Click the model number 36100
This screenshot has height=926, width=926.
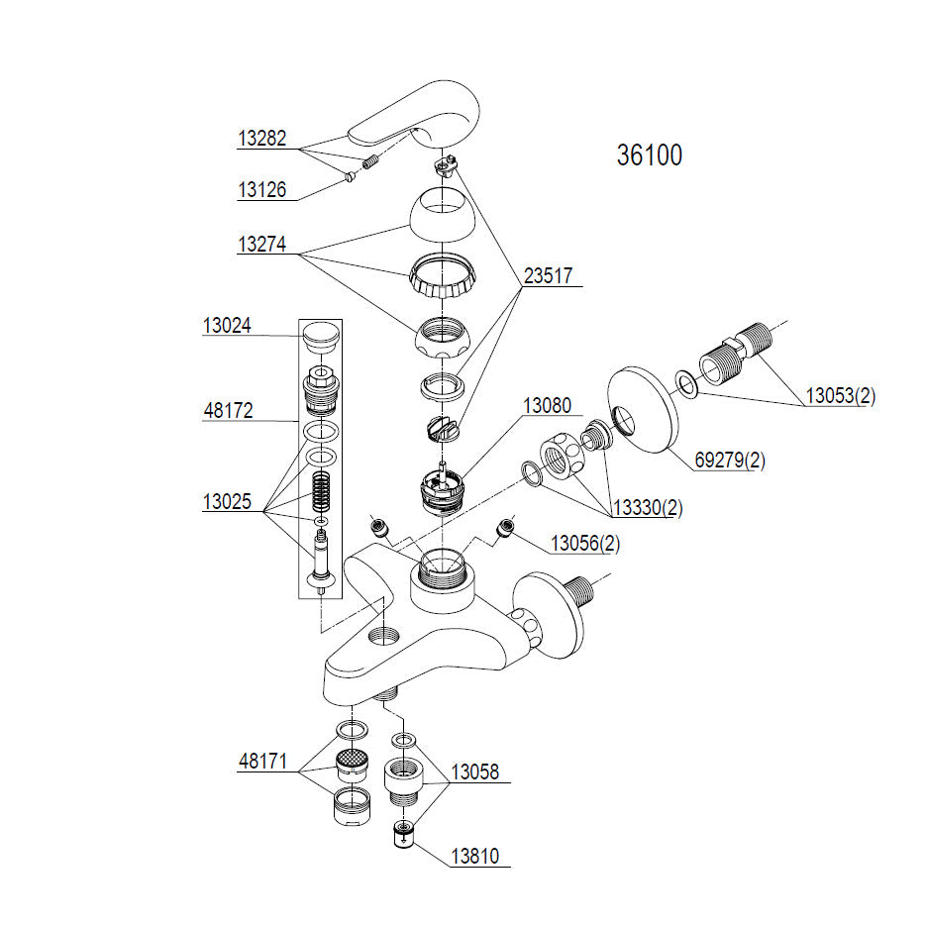649,155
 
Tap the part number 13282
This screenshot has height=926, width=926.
261,139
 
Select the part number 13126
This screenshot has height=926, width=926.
261,190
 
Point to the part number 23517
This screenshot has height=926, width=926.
548,275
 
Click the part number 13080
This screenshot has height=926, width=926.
547,406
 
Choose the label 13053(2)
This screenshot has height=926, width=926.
841,396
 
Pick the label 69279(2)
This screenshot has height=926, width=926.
730,461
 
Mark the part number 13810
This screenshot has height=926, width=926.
474,856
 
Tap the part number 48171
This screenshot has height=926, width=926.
262,762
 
